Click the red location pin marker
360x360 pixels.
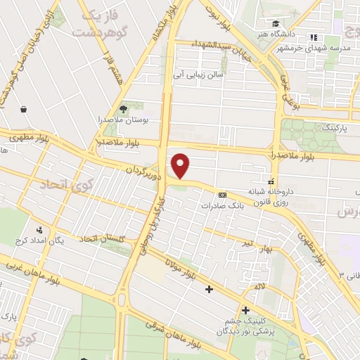pos(181,166)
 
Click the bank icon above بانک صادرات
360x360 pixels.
pos(223,195)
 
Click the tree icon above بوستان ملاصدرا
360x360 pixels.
pos(124,108)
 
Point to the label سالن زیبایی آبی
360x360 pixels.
pos(200,74)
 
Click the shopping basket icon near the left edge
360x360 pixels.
pos(25,109)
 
